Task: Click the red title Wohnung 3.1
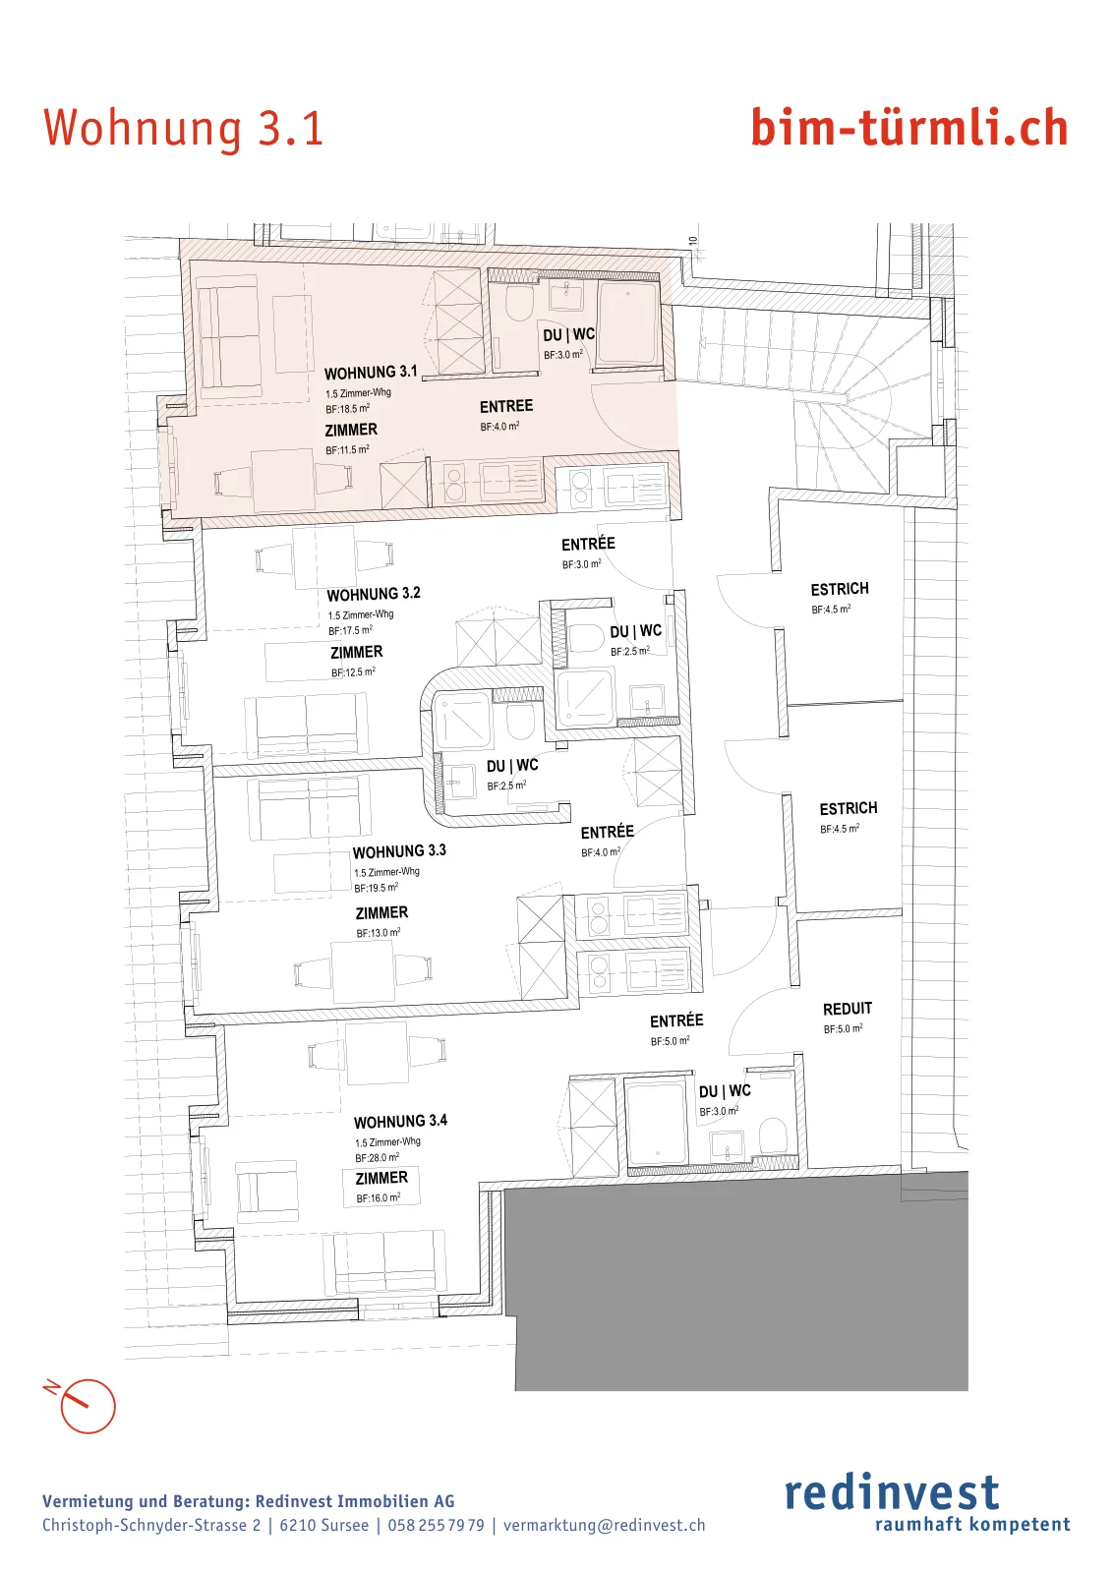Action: (x=183, y=129)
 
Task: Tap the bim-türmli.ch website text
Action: (x=910, y=128)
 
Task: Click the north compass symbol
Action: (x=83, y=1405)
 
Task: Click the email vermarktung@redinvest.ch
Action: (x=604, y=1525)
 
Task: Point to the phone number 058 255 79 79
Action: (x=437, y=1525)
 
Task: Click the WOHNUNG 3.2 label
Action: (x=374, y=594)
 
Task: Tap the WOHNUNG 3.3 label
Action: (x=399, y=851)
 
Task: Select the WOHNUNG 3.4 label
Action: (x=400, y=1122)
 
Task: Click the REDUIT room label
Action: (x=848, y=1009)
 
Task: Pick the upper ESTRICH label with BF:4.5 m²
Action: (x=840, y=589)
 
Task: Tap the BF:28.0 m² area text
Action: (x=378, y=1158)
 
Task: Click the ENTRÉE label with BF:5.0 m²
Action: (x=676, y=1021)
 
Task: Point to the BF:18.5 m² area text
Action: (x=348, y=409)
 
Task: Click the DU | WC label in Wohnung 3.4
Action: (x=725, y=1091)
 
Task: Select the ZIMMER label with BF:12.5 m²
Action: (x=357, y=653)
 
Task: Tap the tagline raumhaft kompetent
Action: (x=972, y=1525)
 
